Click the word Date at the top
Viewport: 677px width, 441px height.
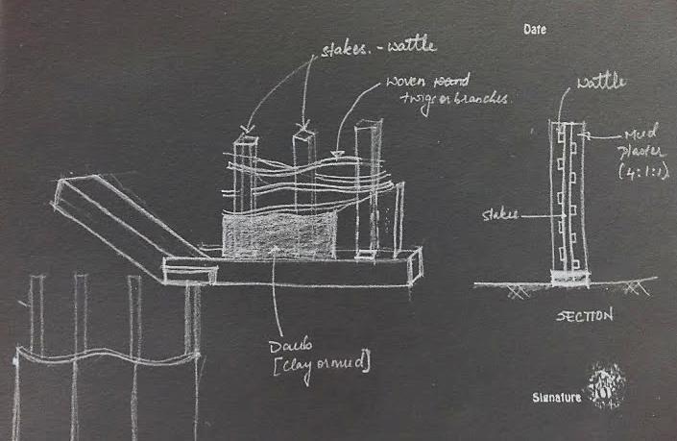[x=535, y=30]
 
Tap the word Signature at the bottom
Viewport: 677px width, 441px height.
[x=556, y=395]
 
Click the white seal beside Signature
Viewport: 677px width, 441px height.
[x=606, y=383]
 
